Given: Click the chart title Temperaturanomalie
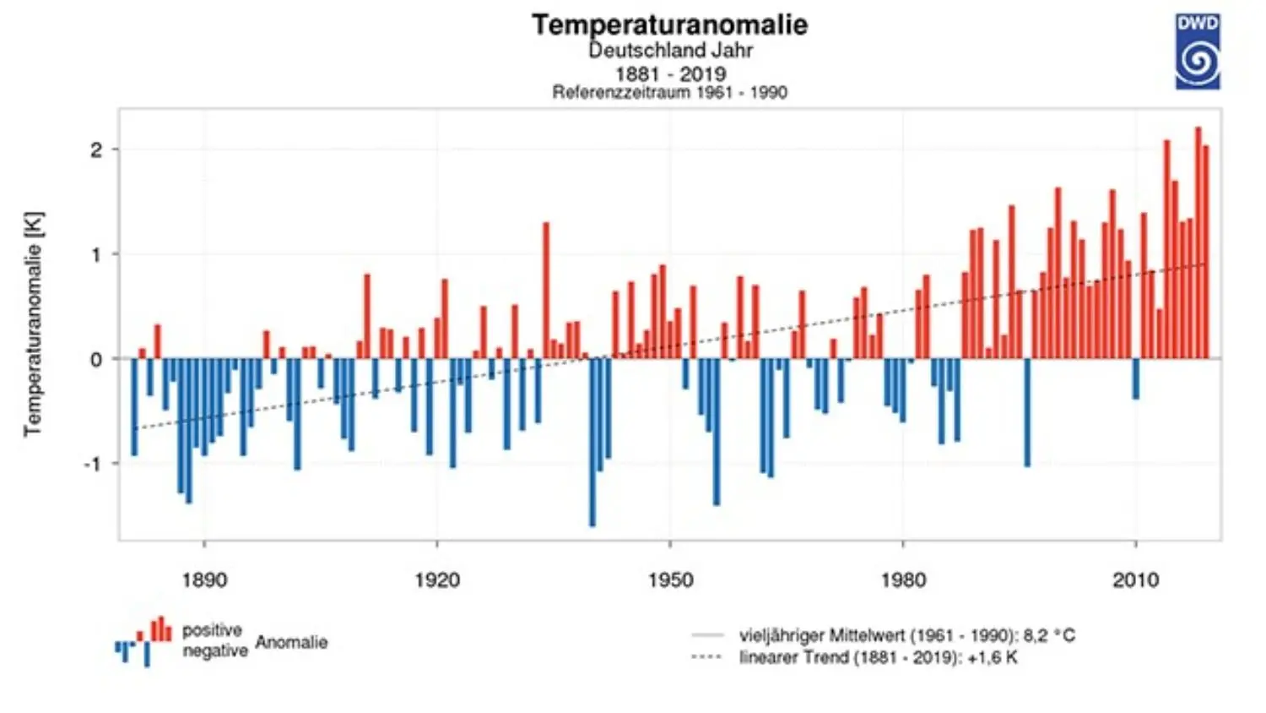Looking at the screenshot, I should click(669, 24).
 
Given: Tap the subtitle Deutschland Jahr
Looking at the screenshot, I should click(670, 50).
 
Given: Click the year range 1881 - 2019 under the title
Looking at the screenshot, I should click(670, 73).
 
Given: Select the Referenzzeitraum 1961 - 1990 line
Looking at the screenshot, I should click(669, 92).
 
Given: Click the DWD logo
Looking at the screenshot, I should click(1198, 52).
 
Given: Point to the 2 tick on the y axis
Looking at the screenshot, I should click(95, 150).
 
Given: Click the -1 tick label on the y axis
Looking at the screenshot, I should click(93, 464).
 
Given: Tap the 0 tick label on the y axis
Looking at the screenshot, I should click(96, 359).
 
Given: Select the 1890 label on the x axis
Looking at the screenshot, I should click(204, 580).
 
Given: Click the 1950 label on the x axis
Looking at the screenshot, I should click(670, 580).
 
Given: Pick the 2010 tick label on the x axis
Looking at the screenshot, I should click(1135, 580).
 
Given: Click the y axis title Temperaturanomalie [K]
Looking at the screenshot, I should click(33, 324).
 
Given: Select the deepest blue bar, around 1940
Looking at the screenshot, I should click(592, 444).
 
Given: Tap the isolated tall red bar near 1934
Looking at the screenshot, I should click(546, 291).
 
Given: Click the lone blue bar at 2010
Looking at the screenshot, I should click(1136, 378).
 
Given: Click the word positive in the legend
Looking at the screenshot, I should click(212, 630).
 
